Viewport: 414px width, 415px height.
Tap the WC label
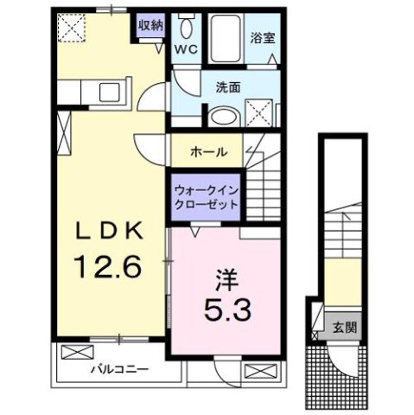(x=188, y=49)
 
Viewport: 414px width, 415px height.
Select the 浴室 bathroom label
(x=262, y=38)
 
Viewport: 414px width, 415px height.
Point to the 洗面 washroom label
(x=228, y=86)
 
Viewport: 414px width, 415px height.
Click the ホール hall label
(x=209, y=151)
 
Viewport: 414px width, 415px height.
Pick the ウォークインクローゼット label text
(x=205, y=196)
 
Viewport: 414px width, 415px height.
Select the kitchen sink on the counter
(x=110, y=91)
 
